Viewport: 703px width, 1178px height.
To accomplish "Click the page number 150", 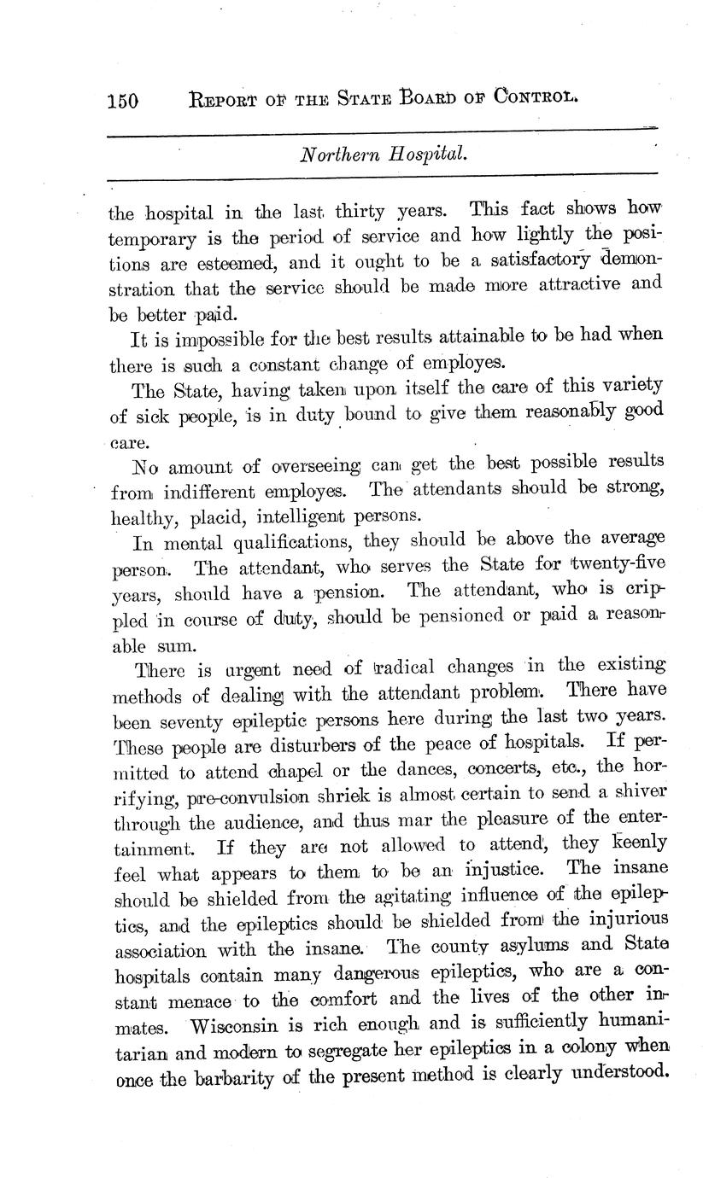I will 123,101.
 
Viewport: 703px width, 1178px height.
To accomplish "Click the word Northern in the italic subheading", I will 337,155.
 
